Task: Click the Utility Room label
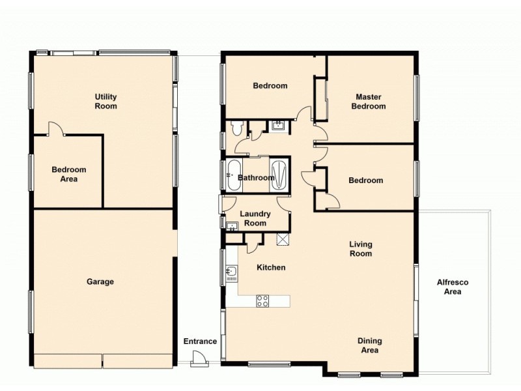tap(106, 101)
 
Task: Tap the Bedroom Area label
tap(69, 174)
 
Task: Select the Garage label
tap(100, 282)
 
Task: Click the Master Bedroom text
tap(369, 101)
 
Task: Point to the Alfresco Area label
tap(453, 287)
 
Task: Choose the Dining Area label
tap(369, 345)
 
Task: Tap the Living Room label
tap(361, 249)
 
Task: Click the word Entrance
tap(200, 341)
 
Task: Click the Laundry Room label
tap(253, 218)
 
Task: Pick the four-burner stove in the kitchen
tap(262, 300)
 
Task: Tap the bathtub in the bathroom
tap(233, 176)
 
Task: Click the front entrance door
tap(198, 358)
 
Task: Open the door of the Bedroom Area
tap(56, 129)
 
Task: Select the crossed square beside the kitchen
tap(283, 239)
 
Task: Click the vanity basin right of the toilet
tap(277, 125)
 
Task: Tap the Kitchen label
tap(271, 267)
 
